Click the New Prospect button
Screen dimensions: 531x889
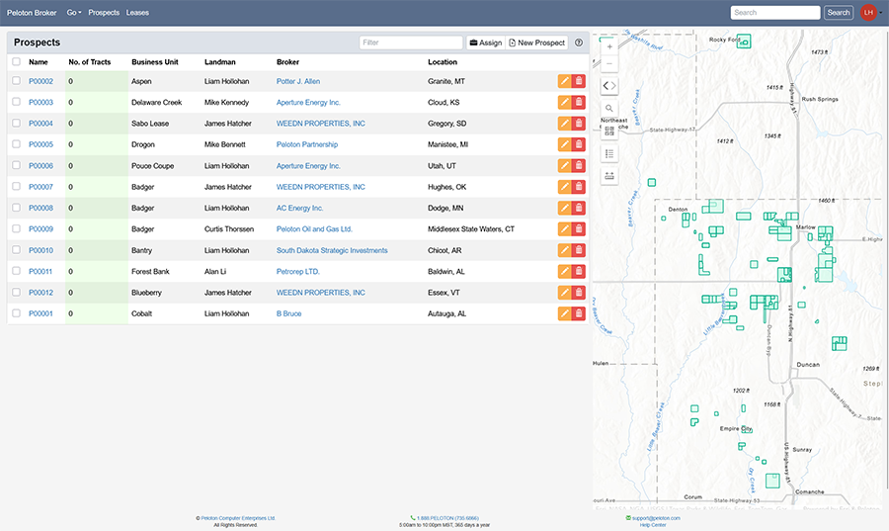click(537, 44)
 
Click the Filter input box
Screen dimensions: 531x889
click(411, 44)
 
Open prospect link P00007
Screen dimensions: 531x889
click(40, 187)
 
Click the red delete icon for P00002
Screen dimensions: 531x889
click(579, 81)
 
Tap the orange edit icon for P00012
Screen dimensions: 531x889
click(564, 293)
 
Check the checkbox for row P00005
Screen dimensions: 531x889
click(16, 144)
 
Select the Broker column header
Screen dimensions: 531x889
click(287, 62)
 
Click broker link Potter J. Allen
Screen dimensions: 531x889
click(298, 81)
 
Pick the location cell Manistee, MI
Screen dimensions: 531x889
click(449, 144)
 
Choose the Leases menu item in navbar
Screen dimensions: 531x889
click(137, 13)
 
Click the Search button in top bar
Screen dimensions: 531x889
click(839, 13)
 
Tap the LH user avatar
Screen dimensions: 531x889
click(868, 13)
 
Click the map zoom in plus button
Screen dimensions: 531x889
click(609, 47)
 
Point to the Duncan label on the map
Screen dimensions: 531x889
click(808, 364)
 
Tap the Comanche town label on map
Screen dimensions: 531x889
click(809, 491)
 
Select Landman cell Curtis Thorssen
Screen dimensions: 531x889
click(228, 229)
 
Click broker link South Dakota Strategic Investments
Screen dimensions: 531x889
click(332, 250)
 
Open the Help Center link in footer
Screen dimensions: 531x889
click(653, 525)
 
